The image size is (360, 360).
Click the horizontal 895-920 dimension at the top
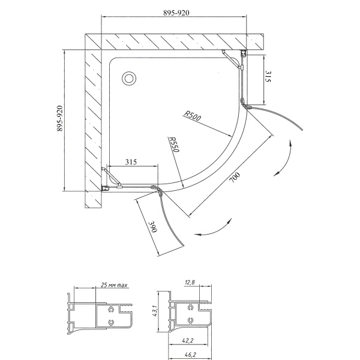pyautogui.click(x=176, y=13)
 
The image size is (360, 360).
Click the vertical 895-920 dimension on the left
pyautogui.click(x=59, y=118)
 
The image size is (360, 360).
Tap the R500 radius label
pyautogui.click(x=193, y=115)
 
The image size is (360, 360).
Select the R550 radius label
pyautogui.click(x=174, y=145)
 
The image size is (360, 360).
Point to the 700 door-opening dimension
pyautogui.click(x=235, y=177)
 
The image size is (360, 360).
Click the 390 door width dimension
pyautogui.click(x=153, y=227)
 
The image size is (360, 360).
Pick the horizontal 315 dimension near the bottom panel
pyautogui.click(x=131, y=162)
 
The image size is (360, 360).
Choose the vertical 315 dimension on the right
pyautogui.click(x=268, y=76)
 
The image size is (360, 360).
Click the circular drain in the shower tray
pyautogui.click(x=129, y=79)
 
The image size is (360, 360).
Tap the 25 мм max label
pyautogui.click(x=114, y=286)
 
